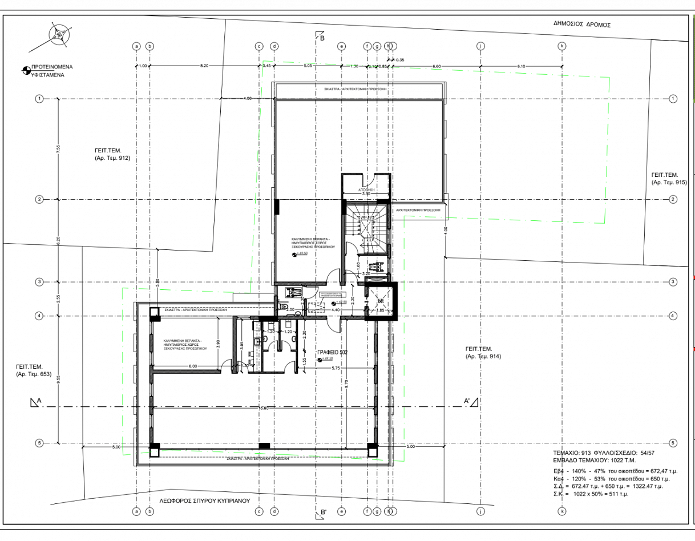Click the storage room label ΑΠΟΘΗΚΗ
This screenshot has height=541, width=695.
point(366,188)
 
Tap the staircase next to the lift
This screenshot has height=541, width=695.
point(365,228)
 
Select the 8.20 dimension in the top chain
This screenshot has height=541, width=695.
point(204,66)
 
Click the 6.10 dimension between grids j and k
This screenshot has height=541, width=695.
point(521,66)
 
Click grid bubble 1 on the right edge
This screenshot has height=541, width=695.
point(673,99)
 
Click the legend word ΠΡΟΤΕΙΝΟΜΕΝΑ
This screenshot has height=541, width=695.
point(52,67)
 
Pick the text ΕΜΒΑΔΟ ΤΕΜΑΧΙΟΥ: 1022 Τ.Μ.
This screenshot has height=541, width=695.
point(594,459)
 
